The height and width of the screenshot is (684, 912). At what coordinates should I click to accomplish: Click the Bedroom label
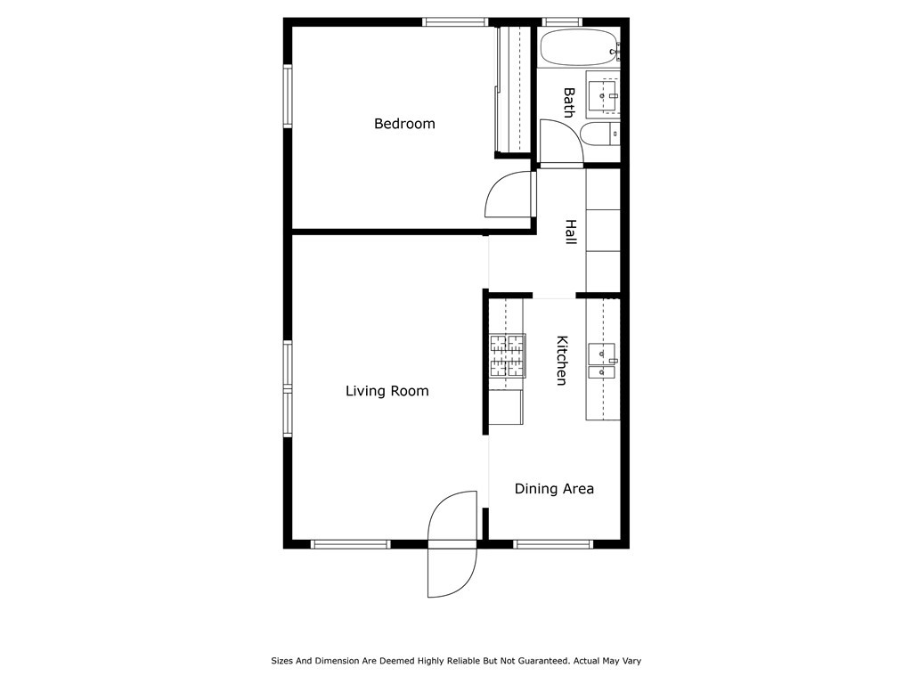[404, 124]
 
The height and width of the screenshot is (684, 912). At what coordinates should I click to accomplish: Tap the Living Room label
[387, 391]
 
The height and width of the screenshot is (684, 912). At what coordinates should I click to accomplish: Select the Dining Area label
[554, 489]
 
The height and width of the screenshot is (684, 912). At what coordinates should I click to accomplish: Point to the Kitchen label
[562, 360]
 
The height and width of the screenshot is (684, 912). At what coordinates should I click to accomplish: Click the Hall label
[570, 233]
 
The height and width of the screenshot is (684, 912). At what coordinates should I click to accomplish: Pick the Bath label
[568, 102]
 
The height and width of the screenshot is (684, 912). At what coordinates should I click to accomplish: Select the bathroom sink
[605, 94]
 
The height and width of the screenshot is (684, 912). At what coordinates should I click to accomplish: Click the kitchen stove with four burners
[507, 354]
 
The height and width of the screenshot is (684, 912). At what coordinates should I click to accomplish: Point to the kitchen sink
[603, 362]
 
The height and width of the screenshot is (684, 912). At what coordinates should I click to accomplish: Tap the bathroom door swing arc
[561, 142]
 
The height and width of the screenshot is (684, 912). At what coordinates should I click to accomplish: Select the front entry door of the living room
[452, 544]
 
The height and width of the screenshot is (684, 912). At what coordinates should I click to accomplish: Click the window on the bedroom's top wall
[455, 21]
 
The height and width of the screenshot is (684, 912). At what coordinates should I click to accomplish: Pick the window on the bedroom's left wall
[289, 96]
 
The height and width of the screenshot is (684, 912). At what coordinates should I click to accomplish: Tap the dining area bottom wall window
[553, 543]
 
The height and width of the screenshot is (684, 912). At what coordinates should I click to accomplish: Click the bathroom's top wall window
[562, 21]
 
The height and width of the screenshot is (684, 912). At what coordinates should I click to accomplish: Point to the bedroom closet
[513, 89]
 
